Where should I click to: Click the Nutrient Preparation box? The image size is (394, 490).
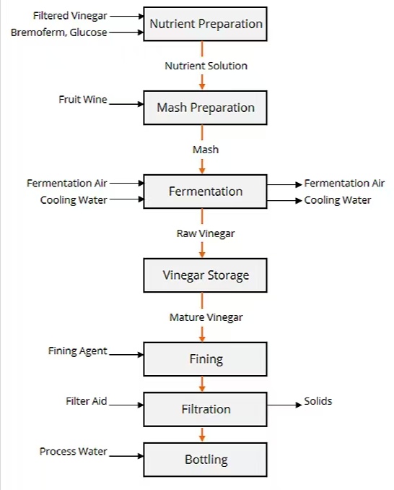tap(205, 24)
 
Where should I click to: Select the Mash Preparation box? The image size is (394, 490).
tap(205, 108)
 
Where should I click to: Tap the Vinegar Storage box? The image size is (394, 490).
tap(205, 275)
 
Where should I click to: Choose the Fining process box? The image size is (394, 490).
tap(205, 359)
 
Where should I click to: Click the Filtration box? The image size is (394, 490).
tap(205, 409)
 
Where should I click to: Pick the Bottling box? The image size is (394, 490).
tap(205, 460)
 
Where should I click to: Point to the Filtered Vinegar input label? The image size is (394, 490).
tap(70, 16)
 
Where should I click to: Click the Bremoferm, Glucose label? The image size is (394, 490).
tap(59, 33)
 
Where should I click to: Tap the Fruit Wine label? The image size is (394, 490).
tap(83, 100)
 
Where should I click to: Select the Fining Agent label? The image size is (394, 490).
tap(78, 351)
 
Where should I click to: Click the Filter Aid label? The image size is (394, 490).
tap(87, 401)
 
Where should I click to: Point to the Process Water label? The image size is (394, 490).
tap(74, 451)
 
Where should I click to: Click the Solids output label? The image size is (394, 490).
tap(318, 401)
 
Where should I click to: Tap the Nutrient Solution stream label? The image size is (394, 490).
tap(206, 66)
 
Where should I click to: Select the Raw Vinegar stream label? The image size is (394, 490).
tap(206, 233)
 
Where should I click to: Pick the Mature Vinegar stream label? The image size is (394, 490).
tap(206, 317)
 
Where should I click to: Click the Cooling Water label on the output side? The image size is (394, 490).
tap(338, 200)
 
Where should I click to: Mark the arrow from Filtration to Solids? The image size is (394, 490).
tap(284, 405)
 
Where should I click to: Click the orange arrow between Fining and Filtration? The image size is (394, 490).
tap(202, 384)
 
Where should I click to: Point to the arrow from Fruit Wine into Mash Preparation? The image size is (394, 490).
tap(126, 104)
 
